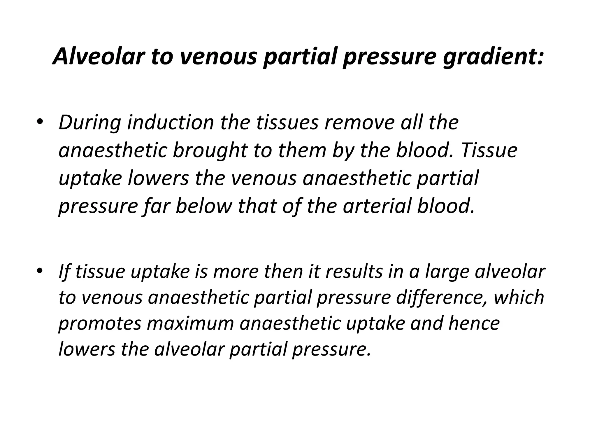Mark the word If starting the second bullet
click(64, 272)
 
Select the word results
click(353, 272)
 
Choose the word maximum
click(191, 324)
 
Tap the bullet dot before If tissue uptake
click(40, 270)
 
